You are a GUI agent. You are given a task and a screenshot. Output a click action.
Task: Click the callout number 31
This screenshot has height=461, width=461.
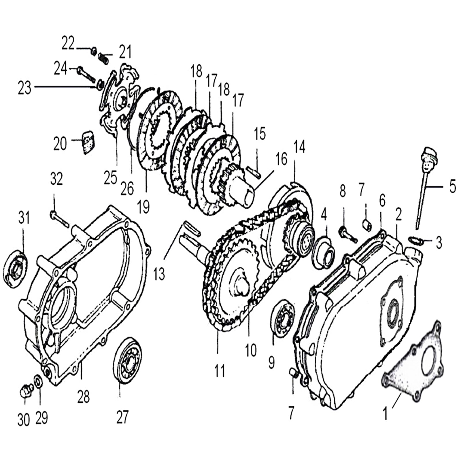pos(24,218)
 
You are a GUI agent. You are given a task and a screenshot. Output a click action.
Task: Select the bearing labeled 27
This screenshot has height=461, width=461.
pos(127,360)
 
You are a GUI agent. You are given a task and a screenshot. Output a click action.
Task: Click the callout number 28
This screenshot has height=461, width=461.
pos(83,397)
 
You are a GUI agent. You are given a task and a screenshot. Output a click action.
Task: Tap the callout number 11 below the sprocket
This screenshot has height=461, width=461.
pos(220,371)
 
